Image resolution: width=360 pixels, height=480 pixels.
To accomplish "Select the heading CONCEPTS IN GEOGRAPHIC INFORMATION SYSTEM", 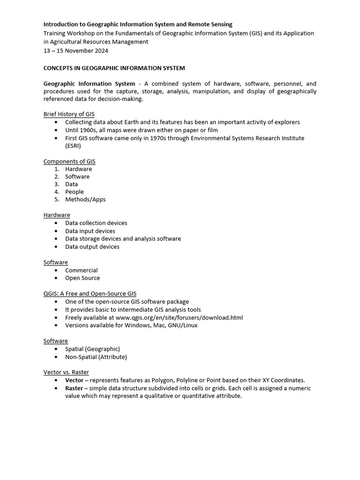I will pyautogui.click(x=114, y=68).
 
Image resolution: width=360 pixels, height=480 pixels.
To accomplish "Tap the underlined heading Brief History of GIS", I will pyautogui.click(x=69, y=114).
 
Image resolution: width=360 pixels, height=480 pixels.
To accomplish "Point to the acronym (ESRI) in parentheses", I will pyautogui.click(x=73, y=146).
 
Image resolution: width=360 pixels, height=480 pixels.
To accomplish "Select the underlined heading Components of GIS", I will pyautogui.click(x=69, y=161).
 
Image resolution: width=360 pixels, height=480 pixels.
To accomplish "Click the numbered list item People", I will pyautogui.click(x=75, y=192).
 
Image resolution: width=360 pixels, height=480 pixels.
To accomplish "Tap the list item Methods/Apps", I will pyautogui.click(x=85, y=199).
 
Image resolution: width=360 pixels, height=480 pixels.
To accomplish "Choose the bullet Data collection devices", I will pyautogui.click(x=96, y=223).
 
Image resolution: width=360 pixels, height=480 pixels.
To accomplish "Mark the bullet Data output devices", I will pyautogui.click(x=92, y=247).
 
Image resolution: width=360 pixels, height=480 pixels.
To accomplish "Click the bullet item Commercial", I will pyautogui.click(x=82, y=270).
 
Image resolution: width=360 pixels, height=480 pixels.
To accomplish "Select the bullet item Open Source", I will pyautogui.click(x=82, y=278).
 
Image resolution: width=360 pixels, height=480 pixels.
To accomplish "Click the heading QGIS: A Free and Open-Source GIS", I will pyautogui.click(x=90, y=293).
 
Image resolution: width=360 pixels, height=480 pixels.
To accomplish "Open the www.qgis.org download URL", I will pyautogui.click(x=179, y=317).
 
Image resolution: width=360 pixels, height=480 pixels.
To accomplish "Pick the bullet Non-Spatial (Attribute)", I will pyautogui.click(x=96, y=357).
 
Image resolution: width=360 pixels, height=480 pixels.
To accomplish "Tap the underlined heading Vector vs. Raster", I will pyautogui.click(x=66, y=372).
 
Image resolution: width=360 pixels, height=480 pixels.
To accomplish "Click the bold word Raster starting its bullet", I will pyautogui.click(x=75, y=388).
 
